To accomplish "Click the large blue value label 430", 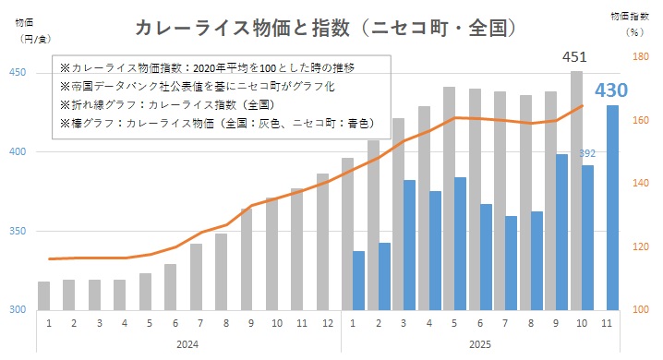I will click(611, 91).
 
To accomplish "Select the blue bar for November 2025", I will click(612, 207).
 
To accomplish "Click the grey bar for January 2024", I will click(43, 295).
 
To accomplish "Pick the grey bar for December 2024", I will click(323, 241).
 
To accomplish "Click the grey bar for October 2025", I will click(576, 189).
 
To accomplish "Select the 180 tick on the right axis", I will click(638, 57).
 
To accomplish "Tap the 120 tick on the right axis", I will click(638, 246).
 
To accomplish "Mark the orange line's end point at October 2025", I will click(583, 105).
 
